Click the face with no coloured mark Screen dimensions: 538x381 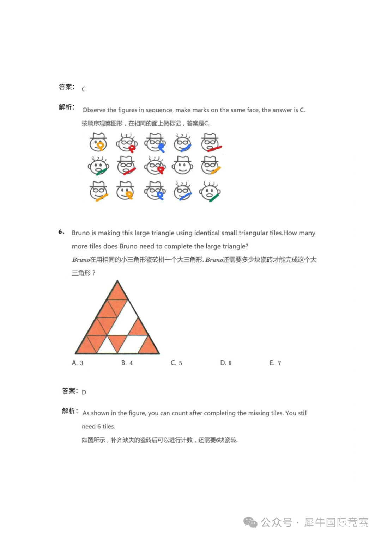click(x=182, y=166)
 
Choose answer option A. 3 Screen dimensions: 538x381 click(x=78, y=363)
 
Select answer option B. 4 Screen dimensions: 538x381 click(x=127, y=363)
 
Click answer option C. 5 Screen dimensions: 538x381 click(x=176, y=363)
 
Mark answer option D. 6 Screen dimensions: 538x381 click(x=226, y=363)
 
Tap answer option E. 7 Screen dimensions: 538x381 click(x=275, y=363)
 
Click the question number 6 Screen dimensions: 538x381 click(x=61, y=232)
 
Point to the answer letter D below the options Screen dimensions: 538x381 click(x=84, y=392)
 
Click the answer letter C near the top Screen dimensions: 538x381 click(x=84, y=89)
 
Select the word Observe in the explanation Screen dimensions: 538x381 click(x=94, y=110)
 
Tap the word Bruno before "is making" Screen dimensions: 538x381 click(x=81, y=233)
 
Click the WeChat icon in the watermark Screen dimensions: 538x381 click(x=250, y=522)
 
